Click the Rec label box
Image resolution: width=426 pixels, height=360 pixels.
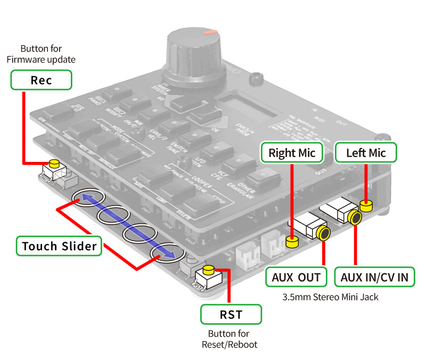coord(40,80)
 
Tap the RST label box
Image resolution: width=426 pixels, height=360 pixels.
coord(231,314)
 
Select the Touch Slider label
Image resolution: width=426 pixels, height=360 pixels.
coord(59,246)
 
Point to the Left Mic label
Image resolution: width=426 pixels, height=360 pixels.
coord(366,153)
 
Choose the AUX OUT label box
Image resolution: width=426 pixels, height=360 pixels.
coord(296,277)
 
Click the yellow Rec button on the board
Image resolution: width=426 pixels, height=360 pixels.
coord(54,163)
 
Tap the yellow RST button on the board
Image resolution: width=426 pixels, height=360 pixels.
coord(209,268)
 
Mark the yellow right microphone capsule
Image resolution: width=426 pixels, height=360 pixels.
coord(291,243)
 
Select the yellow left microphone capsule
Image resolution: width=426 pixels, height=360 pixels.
coord(366,205)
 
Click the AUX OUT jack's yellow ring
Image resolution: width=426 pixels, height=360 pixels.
coord(323,233)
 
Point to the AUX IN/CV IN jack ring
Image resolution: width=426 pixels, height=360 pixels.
coord(354,217)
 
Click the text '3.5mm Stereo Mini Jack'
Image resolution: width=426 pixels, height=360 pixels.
coord(330,297)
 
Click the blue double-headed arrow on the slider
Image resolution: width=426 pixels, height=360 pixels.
coord(126,227)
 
